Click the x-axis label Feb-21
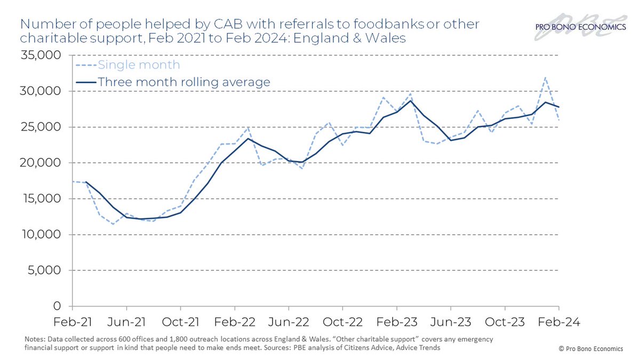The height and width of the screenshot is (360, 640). point(72,322)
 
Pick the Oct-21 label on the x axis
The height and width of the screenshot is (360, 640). point(180,322)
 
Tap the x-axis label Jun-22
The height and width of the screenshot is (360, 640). point(289,322)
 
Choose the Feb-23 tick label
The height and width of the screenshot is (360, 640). point(397,322)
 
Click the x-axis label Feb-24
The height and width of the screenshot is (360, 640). point(558,322)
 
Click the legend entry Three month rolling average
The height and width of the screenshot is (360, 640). point(184,82)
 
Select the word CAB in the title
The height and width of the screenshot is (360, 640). point(217,25)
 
